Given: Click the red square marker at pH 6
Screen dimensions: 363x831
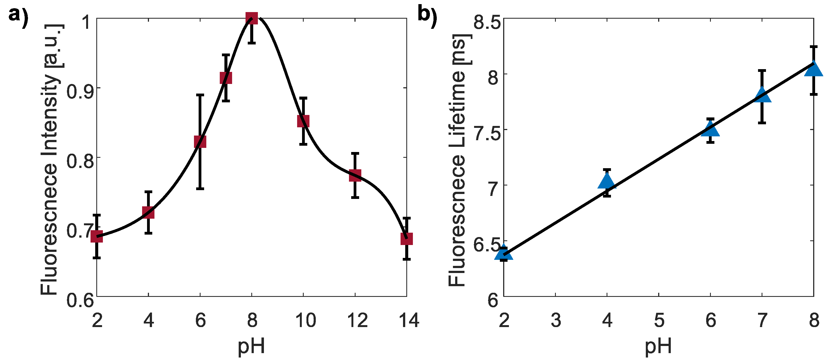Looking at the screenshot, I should [200, 142].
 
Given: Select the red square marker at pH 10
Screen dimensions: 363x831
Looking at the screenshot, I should [303, 121].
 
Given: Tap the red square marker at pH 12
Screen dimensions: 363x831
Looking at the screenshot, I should [355, 176].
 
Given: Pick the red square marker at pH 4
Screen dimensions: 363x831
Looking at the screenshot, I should [148, 213].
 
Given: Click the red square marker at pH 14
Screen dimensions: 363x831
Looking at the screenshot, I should [407, 239].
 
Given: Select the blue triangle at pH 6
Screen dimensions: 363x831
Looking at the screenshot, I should [710, 130].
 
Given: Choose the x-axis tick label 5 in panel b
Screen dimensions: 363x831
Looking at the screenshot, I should [659, 320].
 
